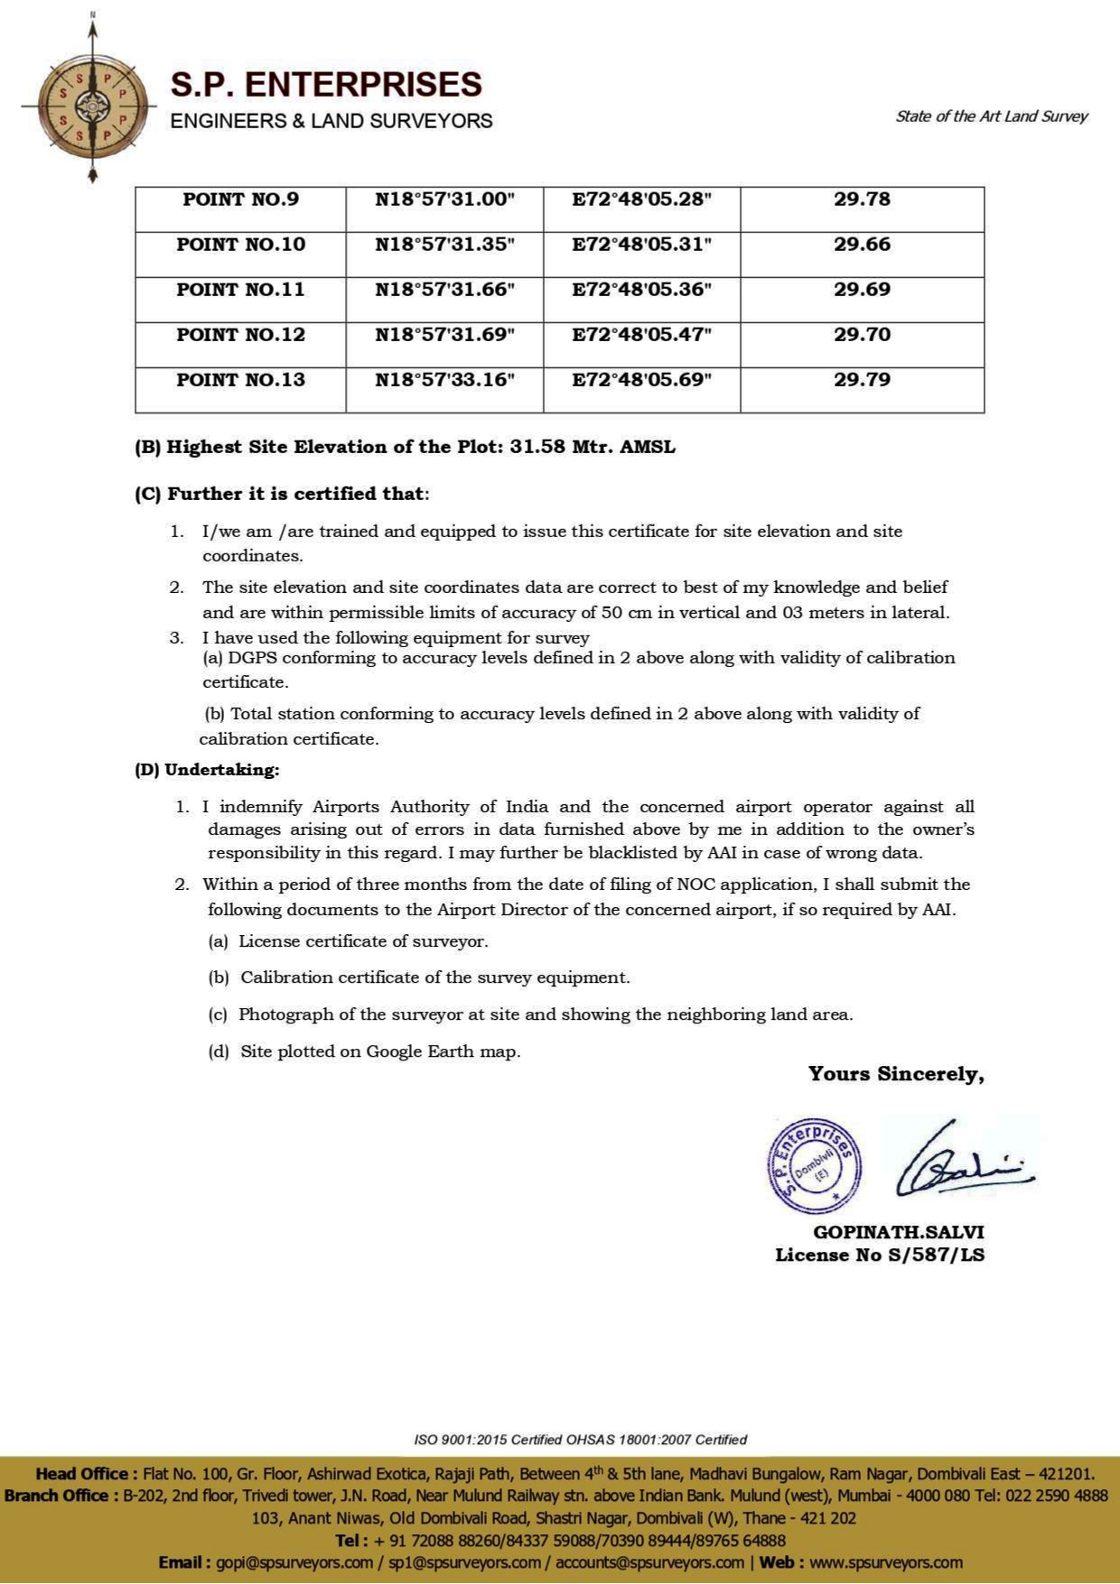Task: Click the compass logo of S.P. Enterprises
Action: [x=92, y=106]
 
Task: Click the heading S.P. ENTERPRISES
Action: [x=326, y=84]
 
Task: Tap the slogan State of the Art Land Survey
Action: [x=991, y=116]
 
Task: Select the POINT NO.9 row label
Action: [x=240, y=199]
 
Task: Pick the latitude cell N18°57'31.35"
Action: [x=444, y=245]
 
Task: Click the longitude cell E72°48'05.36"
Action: [x=641, y=290]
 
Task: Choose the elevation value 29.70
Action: [x=862, y=335]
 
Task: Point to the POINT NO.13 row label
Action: [x=240, y=380]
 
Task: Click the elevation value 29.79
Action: [x=862, y=380]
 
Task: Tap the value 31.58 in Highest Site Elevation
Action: [x=537, y=447]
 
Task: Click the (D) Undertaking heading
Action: [x=207, y=770]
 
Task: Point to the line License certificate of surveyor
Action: [x=363, y=941]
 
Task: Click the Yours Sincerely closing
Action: [x=895, y=1074]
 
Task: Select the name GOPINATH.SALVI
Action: [x=898, y=1232]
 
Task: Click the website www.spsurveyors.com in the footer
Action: [x=885, y=1562]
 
